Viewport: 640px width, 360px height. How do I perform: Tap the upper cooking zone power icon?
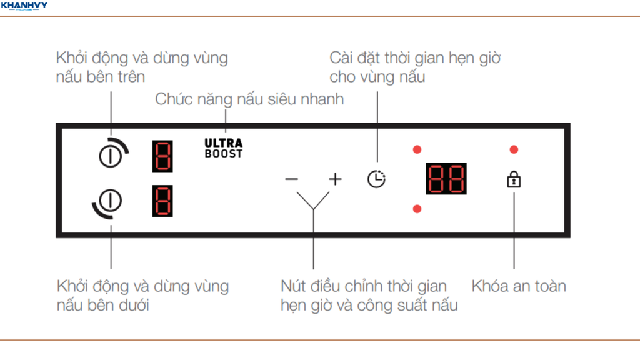(x=111, y=154)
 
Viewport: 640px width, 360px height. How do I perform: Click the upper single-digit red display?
(x=162, y=155)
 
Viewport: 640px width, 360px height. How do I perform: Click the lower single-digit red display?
(x=162, y=201)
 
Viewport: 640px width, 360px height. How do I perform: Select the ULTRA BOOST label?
(x=223, y=148)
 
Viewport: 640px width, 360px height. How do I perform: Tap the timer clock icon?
(x=376, y=179)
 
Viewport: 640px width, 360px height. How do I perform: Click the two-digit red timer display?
(x=446, y=179)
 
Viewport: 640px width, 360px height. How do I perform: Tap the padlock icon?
(x=514, y=180)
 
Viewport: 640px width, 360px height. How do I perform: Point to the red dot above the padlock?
(x=514, y=149)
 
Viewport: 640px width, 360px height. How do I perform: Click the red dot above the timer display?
(x=417, y=149)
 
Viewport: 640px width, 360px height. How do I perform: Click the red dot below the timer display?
(x=417, y=208)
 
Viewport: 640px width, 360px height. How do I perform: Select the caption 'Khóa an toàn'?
(x=519, y=286)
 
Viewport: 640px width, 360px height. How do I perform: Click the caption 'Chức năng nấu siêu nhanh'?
(x=249, y=99)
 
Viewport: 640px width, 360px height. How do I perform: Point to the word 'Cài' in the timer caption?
(x=342, y=59)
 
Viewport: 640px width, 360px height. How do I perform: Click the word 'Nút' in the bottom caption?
(x=294, y=286)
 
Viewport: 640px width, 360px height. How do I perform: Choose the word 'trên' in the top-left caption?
(x=131, y=77)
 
